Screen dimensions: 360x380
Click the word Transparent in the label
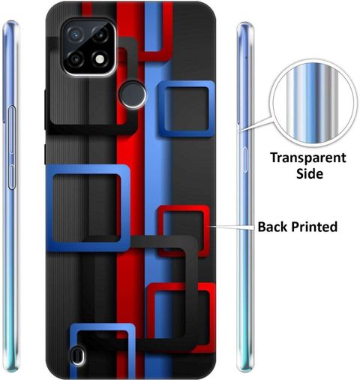(x=308, y=158)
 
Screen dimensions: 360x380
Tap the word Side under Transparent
(x=310, y=173)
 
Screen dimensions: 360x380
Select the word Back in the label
(x=272, y=227)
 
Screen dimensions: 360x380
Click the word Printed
(x=314, y=227)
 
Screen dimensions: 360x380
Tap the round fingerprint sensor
(x=133, y=95)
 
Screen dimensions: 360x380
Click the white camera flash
(x=100, y=59)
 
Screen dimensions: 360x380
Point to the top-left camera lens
(x=75, y=35)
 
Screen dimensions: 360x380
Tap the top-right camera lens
(x=100, y=35)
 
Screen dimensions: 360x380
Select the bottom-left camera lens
(x=75, y=59)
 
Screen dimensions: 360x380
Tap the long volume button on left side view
(x=12, y=130)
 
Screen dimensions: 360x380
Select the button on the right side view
(x=245, y=160)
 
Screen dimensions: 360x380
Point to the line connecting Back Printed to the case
(x=232, y=227)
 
